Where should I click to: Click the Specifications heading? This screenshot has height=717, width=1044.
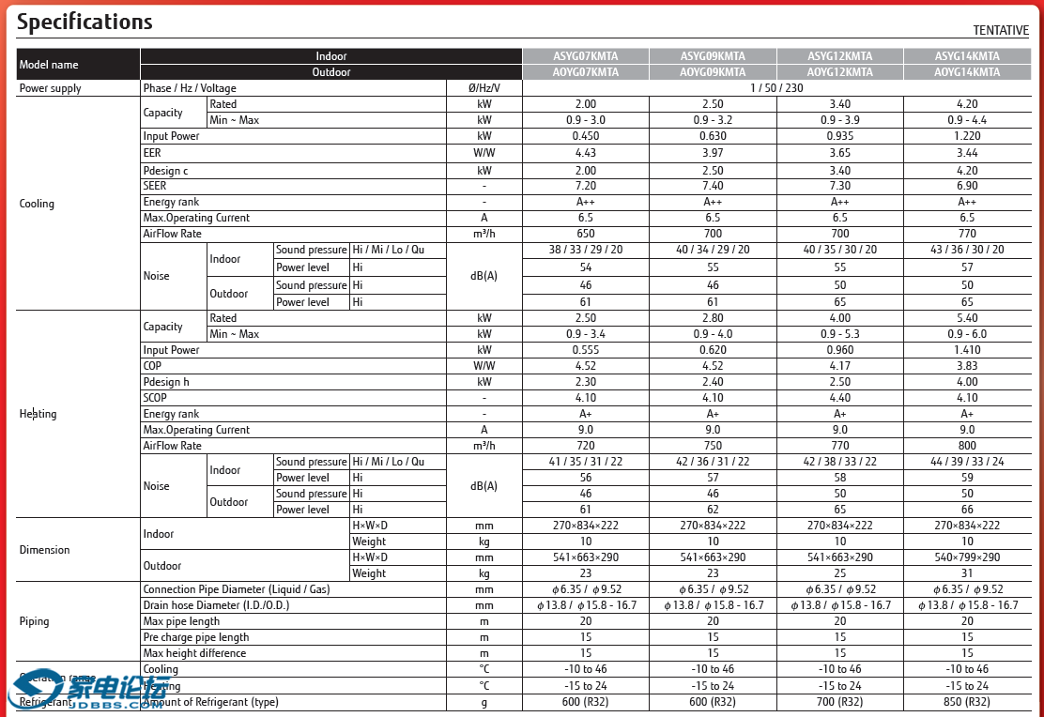click(84, 22)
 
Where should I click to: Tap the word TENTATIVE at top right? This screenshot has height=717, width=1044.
click(1001, 31)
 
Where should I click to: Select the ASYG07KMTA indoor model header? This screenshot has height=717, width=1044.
click(585, 56)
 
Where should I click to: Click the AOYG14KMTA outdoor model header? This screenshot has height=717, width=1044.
click(967, 72)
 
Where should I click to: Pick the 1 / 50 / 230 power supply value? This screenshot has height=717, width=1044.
click(776, 88)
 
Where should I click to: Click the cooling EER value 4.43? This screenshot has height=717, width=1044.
click(585, 153)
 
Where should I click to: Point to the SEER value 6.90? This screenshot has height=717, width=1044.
click(967, 186)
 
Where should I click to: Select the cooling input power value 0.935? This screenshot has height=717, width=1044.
click(839, 136)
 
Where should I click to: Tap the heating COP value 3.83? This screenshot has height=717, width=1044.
click(967, 366)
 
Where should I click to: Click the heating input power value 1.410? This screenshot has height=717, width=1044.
click(967, 350)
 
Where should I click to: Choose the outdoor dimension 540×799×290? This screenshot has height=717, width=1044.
click(967, 557)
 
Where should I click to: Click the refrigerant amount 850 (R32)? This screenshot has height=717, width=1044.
click(967, 702)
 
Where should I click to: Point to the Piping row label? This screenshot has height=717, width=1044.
click(34, 621)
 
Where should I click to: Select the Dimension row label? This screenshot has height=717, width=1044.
click(44, 550)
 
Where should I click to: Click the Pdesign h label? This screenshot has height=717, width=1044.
click(166, 382)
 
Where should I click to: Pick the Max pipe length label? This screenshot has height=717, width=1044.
click(181, 621)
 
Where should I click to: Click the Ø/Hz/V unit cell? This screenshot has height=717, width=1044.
click(484, 88)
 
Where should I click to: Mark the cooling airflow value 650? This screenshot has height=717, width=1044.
click(585, 234)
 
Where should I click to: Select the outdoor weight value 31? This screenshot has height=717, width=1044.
click(967, 573)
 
